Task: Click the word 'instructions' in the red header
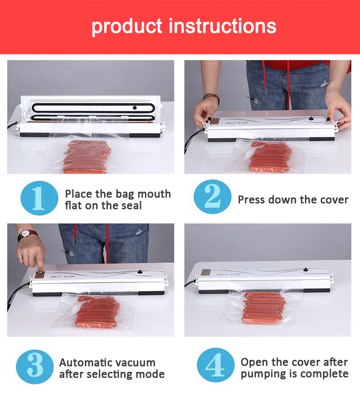223,26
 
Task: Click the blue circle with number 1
39,198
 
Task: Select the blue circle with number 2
213,197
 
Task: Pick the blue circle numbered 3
35,367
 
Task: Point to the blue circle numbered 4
216,365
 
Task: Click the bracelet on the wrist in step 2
211,98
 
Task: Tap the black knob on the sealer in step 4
306,270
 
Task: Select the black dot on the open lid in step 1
134,108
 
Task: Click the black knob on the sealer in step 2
310,119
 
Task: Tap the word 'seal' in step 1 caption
129,206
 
